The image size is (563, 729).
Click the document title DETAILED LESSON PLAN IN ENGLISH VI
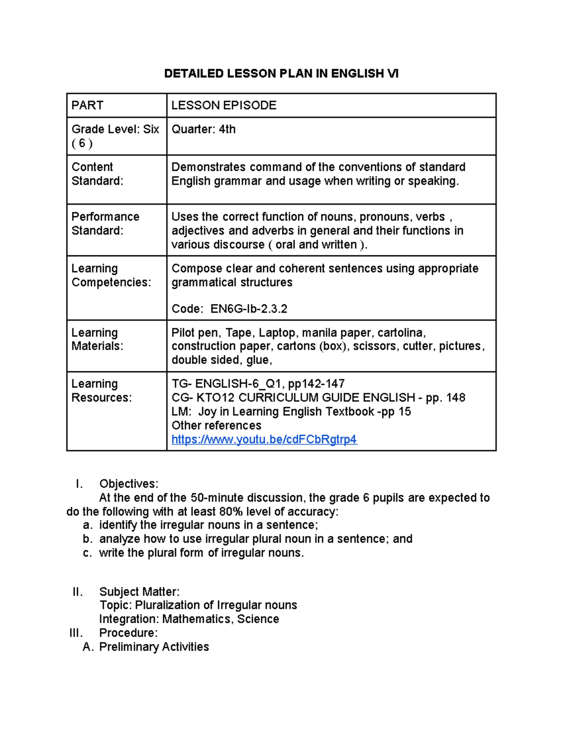(281, 74)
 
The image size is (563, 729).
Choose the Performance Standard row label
(105, 223)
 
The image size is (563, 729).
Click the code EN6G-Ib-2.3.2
(249, 309)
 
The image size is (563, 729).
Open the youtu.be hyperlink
(264, 439)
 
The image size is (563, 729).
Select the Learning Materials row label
(97, 339)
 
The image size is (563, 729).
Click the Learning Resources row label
(101, 391)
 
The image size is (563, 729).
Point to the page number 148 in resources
(456, 398)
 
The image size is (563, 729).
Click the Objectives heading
(129, 484)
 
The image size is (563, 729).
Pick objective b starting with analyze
(256, 539)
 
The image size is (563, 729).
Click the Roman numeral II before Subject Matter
(77, 591)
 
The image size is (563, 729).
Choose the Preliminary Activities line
(154, 647)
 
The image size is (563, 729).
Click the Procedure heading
(128, 633)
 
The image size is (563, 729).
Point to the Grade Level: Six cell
(115, 136)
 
